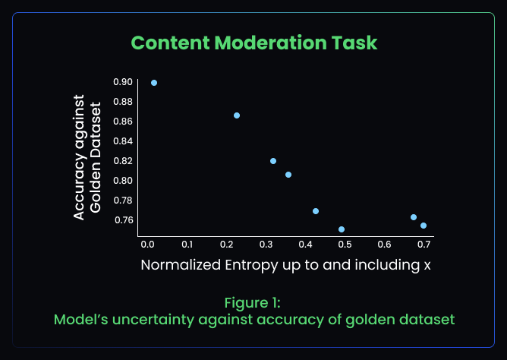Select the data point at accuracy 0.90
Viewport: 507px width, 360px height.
coord(154,83)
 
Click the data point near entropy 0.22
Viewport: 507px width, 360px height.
coord(237,115)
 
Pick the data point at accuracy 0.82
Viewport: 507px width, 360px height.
coord(273,161)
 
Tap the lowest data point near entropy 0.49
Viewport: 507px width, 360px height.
coord(342,229)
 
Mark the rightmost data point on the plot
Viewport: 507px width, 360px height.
coord(424,226)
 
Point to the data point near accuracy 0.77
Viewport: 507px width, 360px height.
coord(316,211)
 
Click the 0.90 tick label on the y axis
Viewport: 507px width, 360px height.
coord(123,82)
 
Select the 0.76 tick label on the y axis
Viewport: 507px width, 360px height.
coord(123,220)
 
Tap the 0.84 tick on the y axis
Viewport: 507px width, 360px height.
coord(123,141)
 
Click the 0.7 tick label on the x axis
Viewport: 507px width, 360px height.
coord(424,245)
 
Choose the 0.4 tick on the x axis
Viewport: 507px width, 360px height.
coord(305,245)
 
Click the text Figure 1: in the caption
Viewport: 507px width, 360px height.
coord(254,302)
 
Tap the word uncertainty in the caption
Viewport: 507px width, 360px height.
coord(163,320)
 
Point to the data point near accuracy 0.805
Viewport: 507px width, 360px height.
coord(288,175)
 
